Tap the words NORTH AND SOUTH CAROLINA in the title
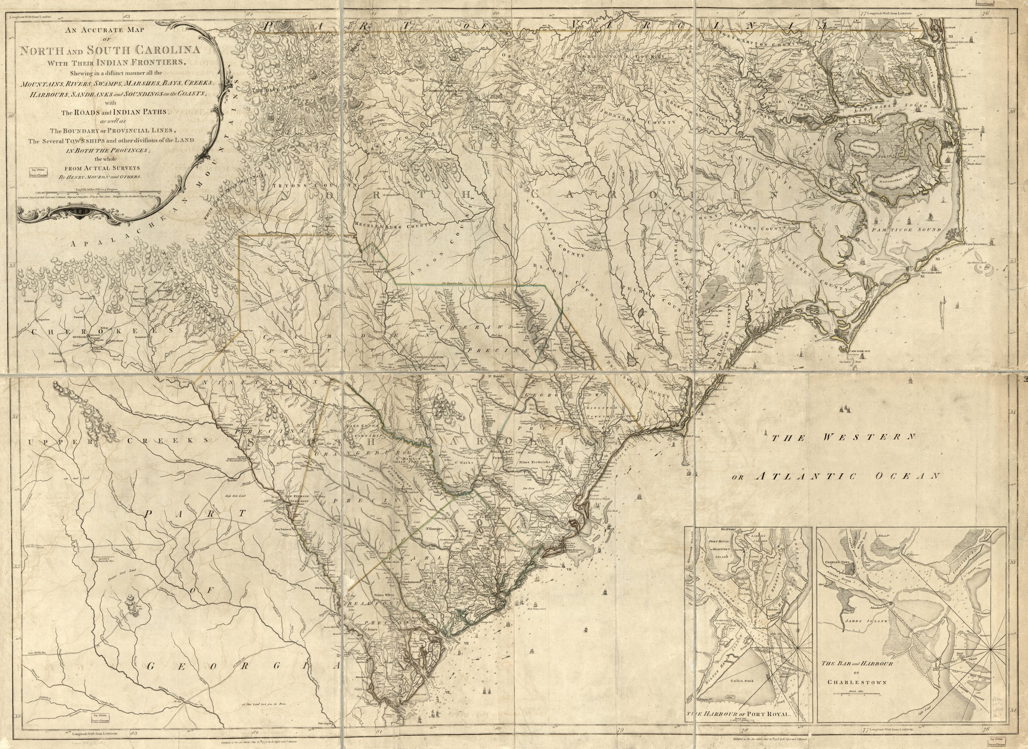[110, 50]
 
